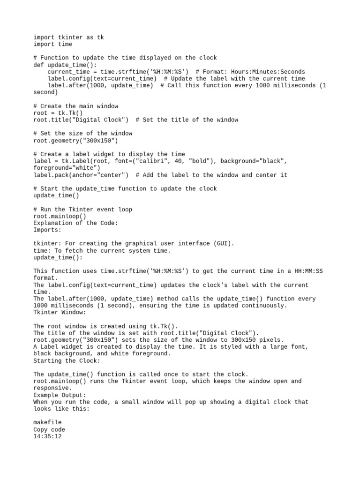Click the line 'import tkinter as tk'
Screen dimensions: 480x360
(68, 37)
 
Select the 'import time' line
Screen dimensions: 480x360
(53, 44)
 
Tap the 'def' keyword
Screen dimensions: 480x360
(38, 65)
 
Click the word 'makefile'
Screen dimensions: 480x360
(47, 422)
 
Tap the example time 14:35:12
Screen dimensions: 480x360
(47, 436)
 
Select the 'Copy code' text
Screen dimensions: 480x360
(49, 429)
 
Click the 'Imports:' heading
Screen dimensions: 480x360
(47, 230)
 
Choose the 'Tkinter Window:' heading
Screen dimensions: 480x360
(60, 312)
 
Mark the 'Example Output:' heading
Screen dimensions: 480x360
(60, 395)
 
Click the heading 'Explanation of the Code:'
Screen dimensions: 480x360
(75, 223)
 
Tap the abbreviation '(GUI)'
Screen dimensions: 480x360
(224, 244)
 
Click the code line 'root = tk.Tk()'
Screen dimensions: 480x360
(58, 113)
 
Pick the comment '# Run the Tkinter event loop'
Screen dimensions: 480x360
(82, 210)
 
